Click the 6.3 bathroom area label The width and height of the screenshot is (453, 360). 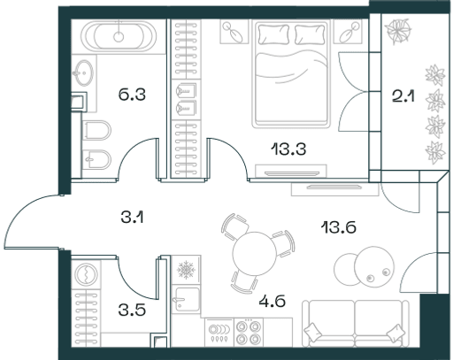coord(132,95)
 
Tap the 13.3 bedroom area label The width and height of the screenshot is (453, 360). coord(288,149)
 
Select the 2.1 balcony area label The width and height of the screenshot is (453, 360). coord(403,96)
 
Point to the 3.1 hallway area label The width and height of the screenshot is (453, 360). coord(132,218)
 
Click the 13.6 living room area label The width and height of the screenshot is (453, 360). coord(339,227)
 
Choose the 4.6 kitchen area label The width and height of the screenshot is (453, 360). coord(272,302)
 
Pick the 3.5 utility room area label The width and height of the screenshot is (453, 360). coord(132,310)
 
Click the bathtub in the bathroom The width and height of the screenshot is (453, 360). coord(119,36)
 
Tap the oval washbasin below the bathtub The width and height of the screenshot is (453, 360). coord(83,73)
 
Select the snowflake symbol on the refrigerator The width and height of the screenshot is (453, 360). coord(186,270)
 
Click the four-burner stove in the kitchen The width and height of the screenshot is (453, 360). coord(249,333)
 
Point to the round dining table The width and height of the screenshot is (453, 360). coord(254,254)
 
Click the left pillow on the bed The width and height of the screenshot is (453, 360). coord(273,34)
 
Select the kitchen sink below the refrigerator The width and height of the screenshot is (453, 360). coord(187,299)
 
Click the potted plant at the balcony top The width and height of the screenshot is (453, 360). coord(397,31)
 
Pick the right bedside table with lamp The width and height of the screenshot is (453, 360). coord(348,32)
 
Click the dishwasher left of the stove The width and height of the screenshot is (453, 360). coord(219,333)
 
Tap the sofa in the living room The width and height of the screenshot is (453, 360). coord(356,324)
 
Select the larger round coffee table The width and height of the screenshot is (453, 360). coord(374,267)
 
